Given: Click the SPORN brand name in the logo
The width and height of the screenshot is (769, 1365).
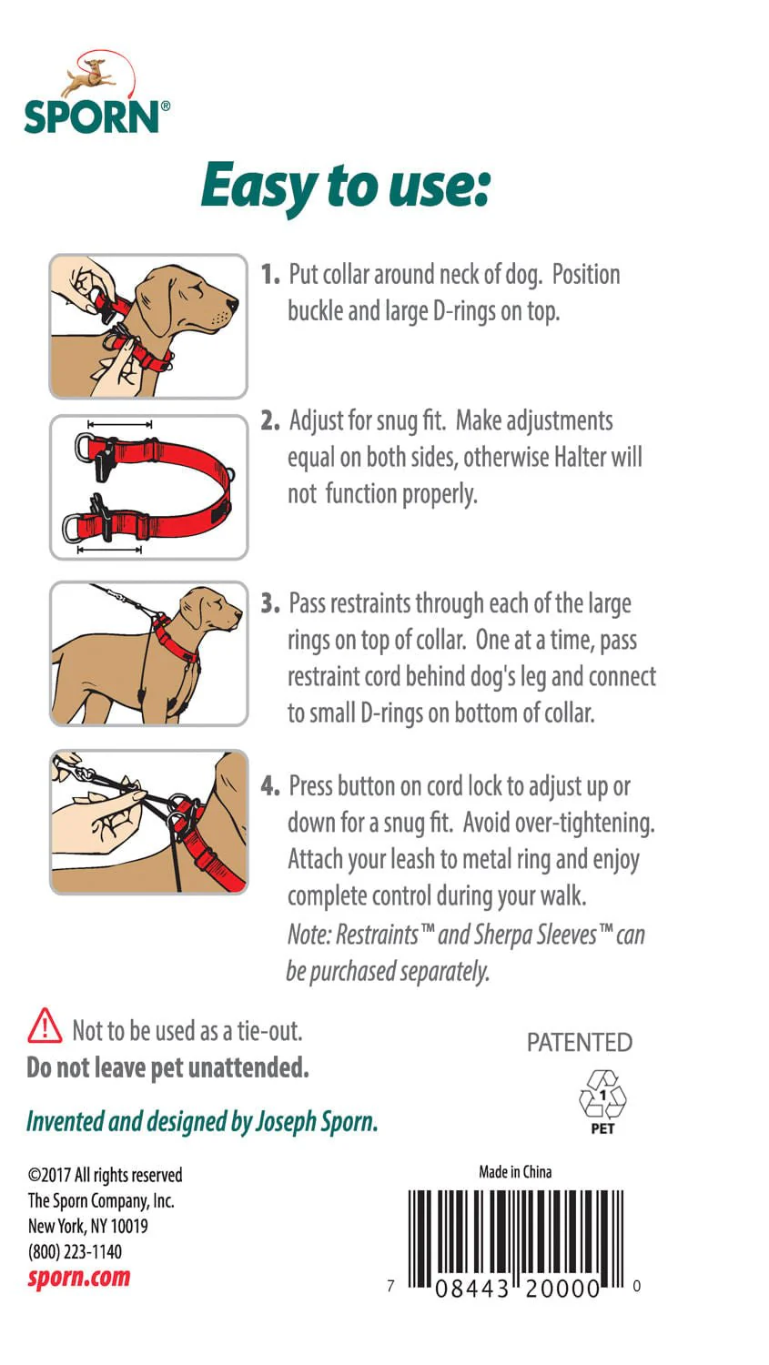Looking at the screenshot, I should (x=91, y=117).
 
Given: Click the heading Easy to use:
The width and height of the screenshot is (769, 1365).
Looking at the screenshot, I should (x=345, y=186).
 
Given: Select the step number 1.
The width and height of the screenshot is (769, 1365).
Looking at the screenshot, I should (x=269, y=274).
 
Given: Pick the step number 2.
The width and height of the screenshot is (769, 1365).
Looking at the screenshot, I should (x=269, y=420).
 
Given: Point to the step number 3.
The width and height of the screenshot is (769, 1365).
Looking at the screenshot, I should (x=269, y=603).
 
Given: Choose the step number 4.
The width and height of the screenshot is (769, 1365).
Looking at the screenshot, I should (x=269, y=785).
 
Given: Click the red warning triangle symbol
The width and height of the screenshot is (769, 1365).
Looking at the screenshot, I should (x=45, y=1026).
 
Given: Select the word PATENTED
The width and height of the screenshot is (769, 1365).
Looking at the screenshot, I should (x=579, y=1042).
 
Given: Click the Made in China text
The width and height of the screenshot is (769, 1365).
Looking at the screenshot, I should (x=515, y=1171).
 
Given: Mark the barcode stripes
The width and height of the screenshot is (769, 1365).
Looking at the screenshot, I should (x=515, y=1233).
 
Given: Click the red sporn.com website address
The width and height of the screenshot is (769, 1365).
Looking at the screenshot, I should (x=79, y=1277).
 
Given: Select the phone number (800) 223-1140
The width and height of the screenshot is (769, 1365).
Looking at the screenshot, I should (x=75, y=1251).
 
